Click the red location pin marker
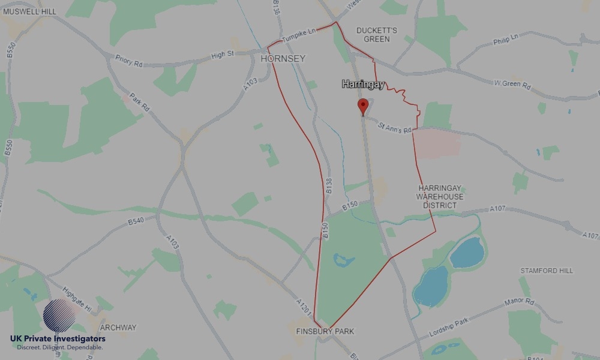362,106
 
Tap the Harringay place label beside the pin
363,85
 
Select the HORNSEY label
283,59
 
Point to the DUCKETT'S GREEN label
377,34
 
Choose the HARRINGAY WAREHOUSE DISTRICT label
440,197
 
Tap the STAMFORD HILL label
547,271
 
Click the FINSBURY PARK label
325,331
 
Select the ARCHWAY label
118,328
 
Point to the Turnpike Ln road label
298,36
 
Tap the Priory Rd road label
130,60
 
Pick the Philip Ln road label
505,41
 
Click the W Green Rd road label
512,85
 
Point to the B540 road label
136,221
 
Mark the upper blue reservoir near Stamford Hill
467,253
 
